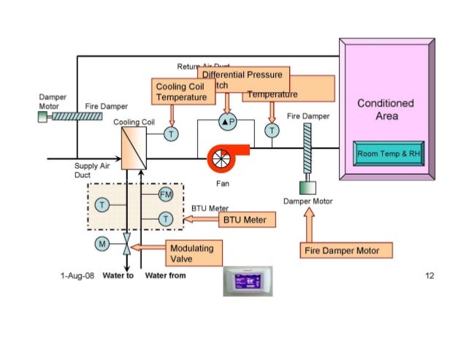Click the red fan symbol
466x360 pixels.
click(221, 156)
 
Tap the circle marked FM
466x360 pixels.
click(166, 194)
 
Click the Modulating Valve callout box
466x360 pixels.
click(191, 253)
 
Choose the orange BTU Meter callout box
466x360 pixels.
click(247, 218)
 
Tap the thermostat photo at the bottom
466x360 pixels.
click(247, 281)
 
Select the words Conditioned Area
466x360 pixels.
click(385, 110)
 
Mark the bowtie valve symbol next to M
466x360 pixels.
click(126, 244)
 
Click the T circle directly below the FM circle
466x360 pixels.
click(166, 218)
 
